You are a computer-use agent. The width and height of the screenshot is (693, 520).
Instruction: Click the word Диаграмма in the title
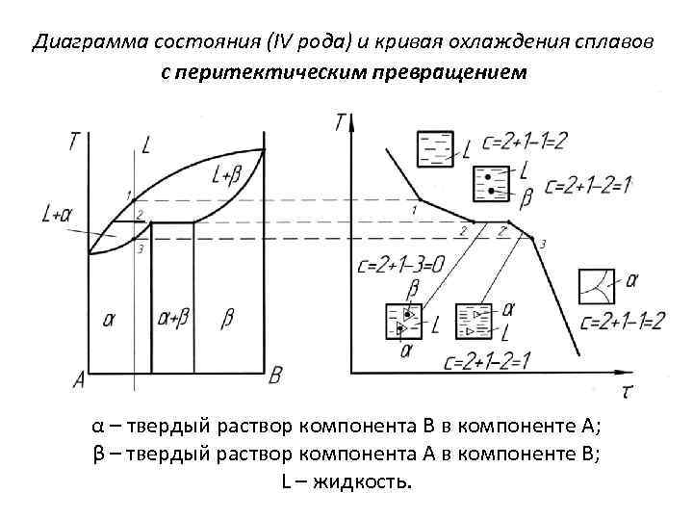78,42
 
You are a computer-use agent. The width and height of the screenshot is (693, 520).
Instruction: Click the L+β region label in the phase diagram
224,175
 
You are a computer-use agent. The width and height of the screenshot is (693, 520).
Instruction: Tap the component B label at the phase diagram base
275,375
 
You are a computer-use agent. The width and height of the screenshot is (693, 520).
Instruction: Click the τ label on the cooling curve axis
627,389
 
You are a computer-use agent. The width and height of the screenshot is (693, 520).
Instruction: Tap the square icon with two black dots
492,183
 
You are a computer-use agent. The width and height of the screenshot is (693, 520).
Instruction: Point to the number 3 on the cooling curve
543,244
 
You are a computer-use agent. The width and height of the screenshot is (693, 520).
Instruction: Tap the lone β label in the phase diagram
227,319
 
